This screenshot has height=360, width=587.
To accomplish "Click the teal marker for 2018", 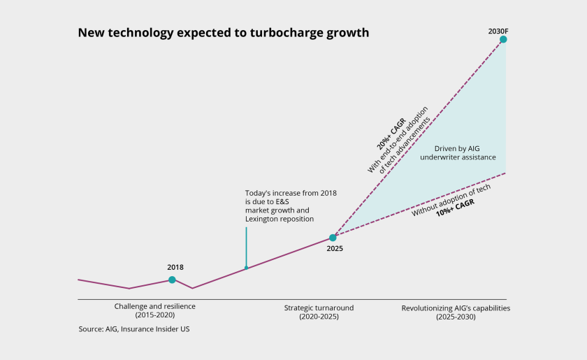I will point(172,280).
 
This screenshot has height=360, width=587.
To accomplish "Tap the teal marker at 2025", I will point(333,238).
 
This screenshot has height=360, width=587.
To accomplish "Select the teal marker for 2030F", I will point(503,40).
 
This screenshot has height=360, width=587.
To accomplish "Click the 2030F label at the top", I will point(498,30).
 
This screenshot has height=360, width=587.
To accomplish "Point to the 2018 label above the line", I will point(175,267).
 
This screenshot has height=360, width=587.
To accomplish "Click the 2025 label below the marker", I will point(335,249).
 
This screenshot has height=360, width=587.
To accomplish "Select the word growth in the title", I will point(348,33).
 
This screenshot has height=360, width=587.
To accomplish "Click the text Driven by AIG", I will point(458,148).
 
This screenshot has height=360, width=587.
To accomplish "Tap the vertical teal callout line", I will point(246,245).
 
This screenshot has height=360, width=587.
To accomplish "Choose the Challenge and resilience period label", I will point(155,306).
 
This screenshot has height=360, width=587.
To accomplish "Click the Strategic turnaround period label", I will point(319,308).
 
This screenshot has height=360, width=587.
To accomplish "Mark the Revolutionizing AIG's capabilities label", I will point(456,308).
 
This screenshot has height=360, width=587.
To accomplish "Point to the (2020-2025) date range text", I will point(319,316).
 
